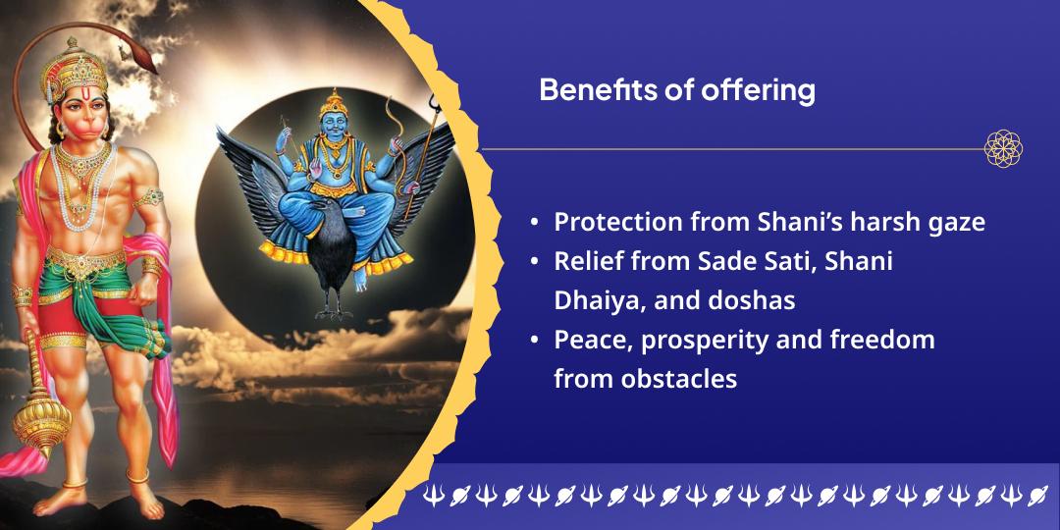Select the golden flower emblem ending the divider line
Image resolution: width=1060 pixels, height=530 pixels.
(1003, 149)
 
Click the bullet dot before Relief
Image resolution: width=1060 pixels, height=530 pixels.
(535, 262)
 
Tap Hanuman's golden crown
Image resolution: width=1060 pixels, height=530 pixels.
(74, 69)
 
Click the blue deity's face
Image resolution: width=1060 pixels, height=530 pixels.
(333, 126)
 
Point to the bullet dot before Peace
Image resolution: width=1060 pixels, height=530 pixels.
(535, 340)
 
